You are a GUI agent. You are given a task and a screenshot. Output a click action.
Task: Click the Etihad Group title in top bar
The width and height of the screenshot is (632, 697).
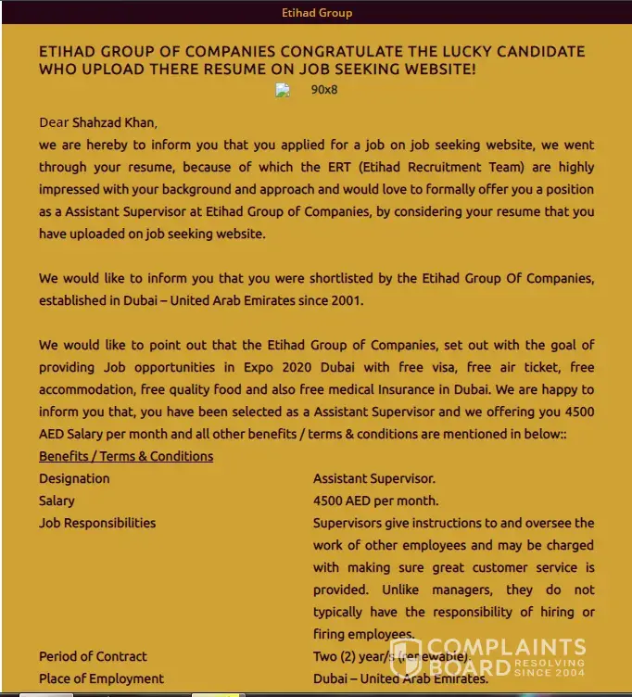coord(316,13)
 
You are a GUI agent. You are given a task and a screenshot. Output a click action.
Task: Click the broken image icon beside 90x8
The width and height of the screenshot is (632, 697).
coord(283,91)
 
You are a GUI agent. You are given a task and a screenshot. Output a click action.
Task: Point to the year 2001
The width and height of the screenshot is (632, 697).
coord(348,300)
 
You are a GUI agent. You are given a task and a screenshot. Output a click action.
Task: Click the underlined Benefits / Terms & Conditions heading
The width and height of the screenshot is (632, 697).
coord(126,456)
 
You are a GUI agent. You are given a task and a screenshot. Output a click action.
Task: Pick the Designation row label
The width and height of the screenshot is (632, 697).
coord(74,478)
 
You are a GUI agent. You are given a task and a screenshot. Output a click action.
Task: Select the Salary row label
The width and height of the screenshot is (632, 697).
coord(57,501)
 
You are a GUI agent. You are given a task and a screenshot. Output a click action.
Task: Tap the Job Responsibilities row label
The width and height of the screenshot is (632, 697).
coord(97,523)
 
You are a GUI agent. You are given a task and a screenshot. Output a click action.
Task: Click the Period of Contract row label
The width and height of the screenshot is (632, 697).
coord(93,656)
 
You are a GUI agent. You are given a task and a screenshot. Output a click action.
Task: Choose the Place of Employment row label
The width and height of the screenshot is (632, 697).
coord(101,678)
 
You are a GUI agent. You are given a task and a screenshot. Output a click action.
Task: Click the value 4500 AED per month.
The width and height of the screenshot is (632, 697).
coord(375,501)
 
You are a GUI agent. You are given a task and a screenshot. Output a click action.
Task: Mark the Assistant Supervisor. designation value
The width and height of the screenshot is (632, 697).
coord(373,478)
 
